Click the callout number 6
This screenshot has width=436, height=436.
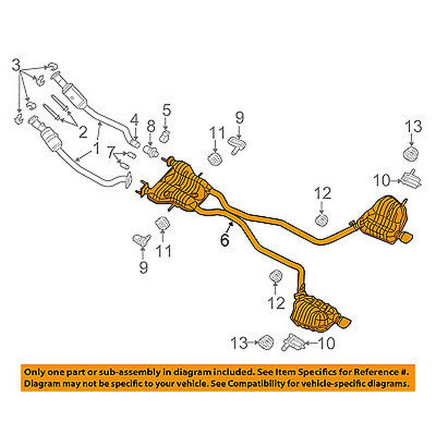pos(225,239)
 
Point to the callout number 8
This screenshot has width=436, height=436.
pos(150,127)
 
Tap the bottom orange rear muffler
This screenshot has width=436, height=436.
pos(316,309)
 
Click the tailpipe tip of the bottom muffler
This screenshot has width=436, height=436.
pos(347,323)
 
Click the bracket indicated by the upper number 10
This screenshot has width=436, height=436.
pos(411,178)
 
